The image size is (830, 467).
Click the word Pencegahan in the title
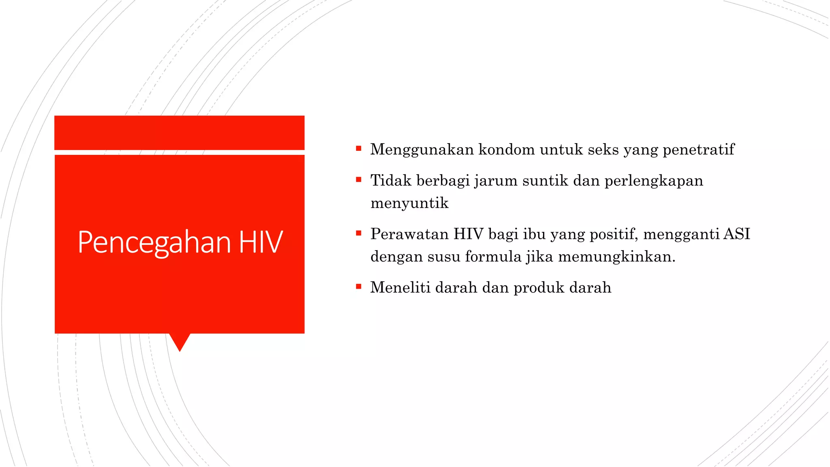click(x=154, y=242)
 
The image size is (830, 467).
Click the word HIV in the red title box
click(x=261, y=242)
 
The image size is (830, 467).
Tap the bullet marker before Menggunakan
click(x=359, y=149)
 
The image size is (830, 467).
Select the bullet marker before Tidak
click(x=359, y=180)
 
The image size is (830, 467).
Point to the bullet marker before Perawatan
click(x=359, y=233)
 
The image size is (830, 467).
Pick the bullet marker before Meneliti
click(x=359, y=287)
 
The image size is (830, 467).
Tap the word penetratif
click(x=698, y=150)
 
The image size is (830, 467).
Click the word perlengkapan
click(x=654, y=181)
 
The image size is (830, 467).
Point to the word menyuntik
click(x=409, y=203)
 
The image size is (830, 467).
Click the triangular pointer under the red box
click(x=180, y=341)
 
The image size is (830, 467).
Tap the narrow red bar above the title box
click(x=179, y=133)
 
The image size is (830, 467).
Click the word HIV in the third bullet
click(x=468, y=234)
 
